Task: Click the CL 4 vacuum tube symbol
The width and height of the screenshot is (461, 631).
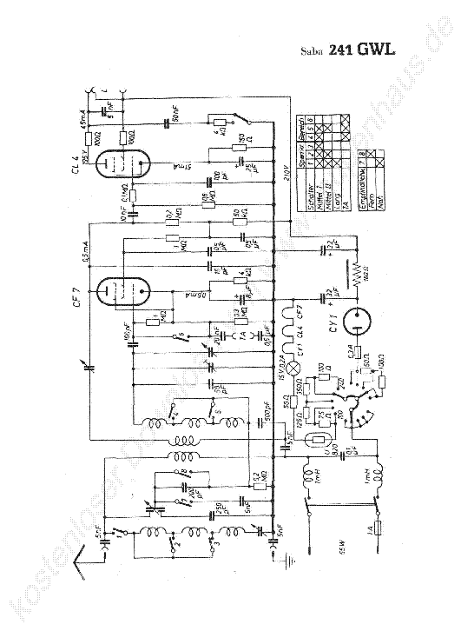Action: [x=122, y=165]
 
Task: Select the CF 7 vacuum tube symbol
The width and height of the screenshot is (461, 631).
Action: [x=122, y=291]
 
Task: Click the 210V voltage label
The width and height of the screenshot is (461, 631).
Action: [x=286, y=169]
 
